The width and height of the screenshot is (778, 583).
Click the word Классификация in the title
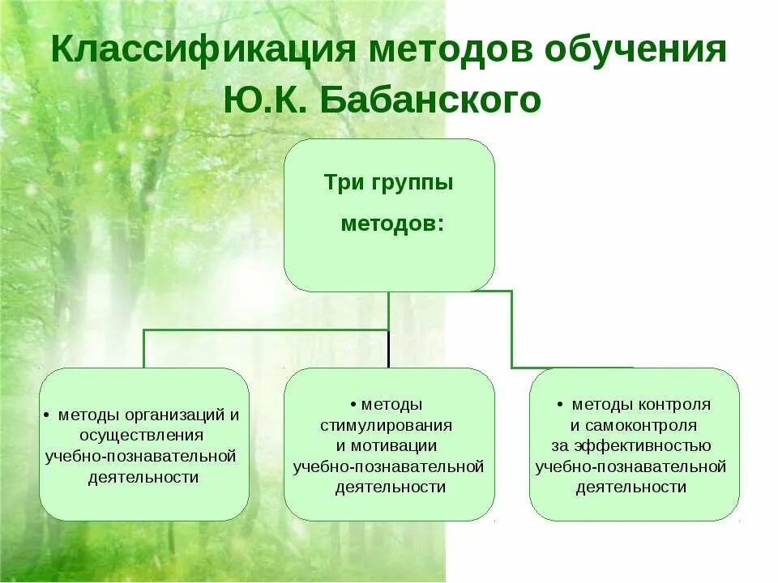tap(203, 50)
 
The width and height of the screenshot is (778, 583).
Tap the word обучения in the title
tap(635, 50)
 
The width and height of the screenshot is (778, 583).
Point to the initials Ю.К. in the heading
tap(264, 100)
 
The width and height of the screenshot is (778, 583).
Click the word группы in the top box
tap(413, 182)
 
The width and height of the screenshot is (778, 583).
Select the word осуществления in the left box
tap(143, 436)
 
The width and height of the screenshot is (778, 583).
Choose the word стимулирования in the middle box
tap(386, 424)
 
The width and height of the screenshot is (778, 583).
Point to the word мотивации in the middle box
tap(396, 445)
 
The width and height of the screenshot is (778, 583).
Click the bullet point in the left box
tap(46, 415)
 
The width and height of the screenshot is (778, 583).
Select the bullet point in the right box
tap(560, 404)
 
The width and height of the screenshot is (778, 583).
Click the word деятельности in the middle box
tap(390, 487)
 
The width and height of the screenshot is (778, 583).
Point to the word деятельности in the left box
tap(143, 477)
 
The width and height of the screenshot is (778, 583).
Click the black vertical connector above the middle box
tap(389, 348)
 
